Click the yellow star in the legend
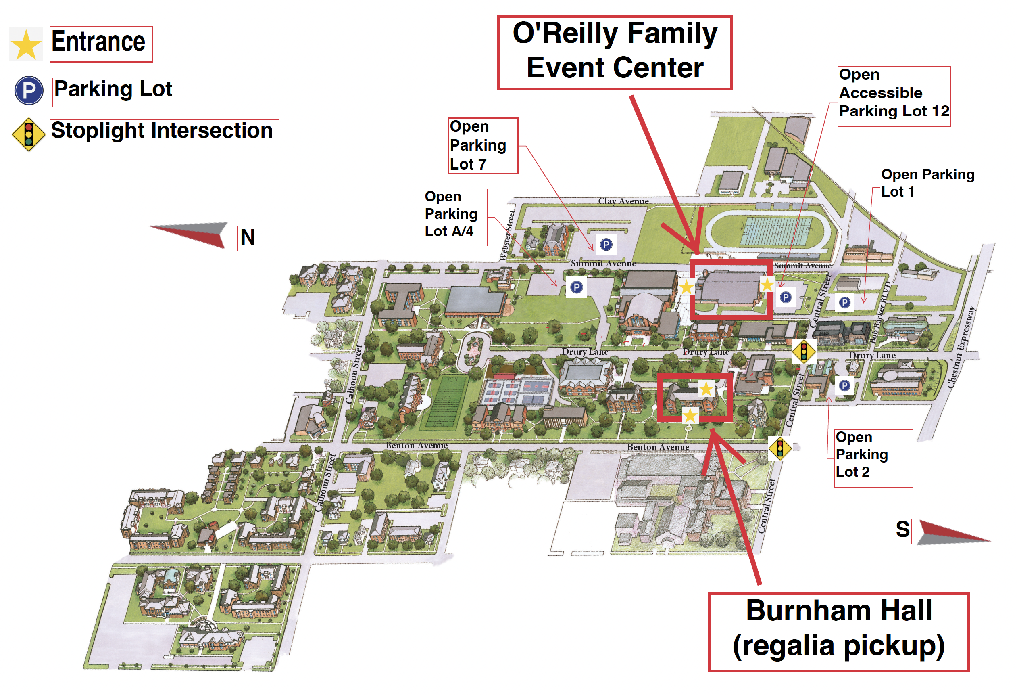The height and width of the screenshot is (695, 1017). (x=26, y=45)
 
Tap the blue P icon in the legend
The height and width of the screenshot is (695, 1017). (x=29, y=91)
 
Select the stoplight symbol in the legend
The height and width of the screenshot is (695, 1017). (x=29, y=134)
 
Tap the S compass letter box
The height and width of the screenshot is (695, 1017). (x=902, y=530)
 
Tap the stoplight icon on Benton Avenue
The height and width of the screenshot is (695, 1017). (x=780, y=448)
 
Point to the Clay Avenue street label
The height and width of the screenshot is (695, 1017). (x=623, y=201)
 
